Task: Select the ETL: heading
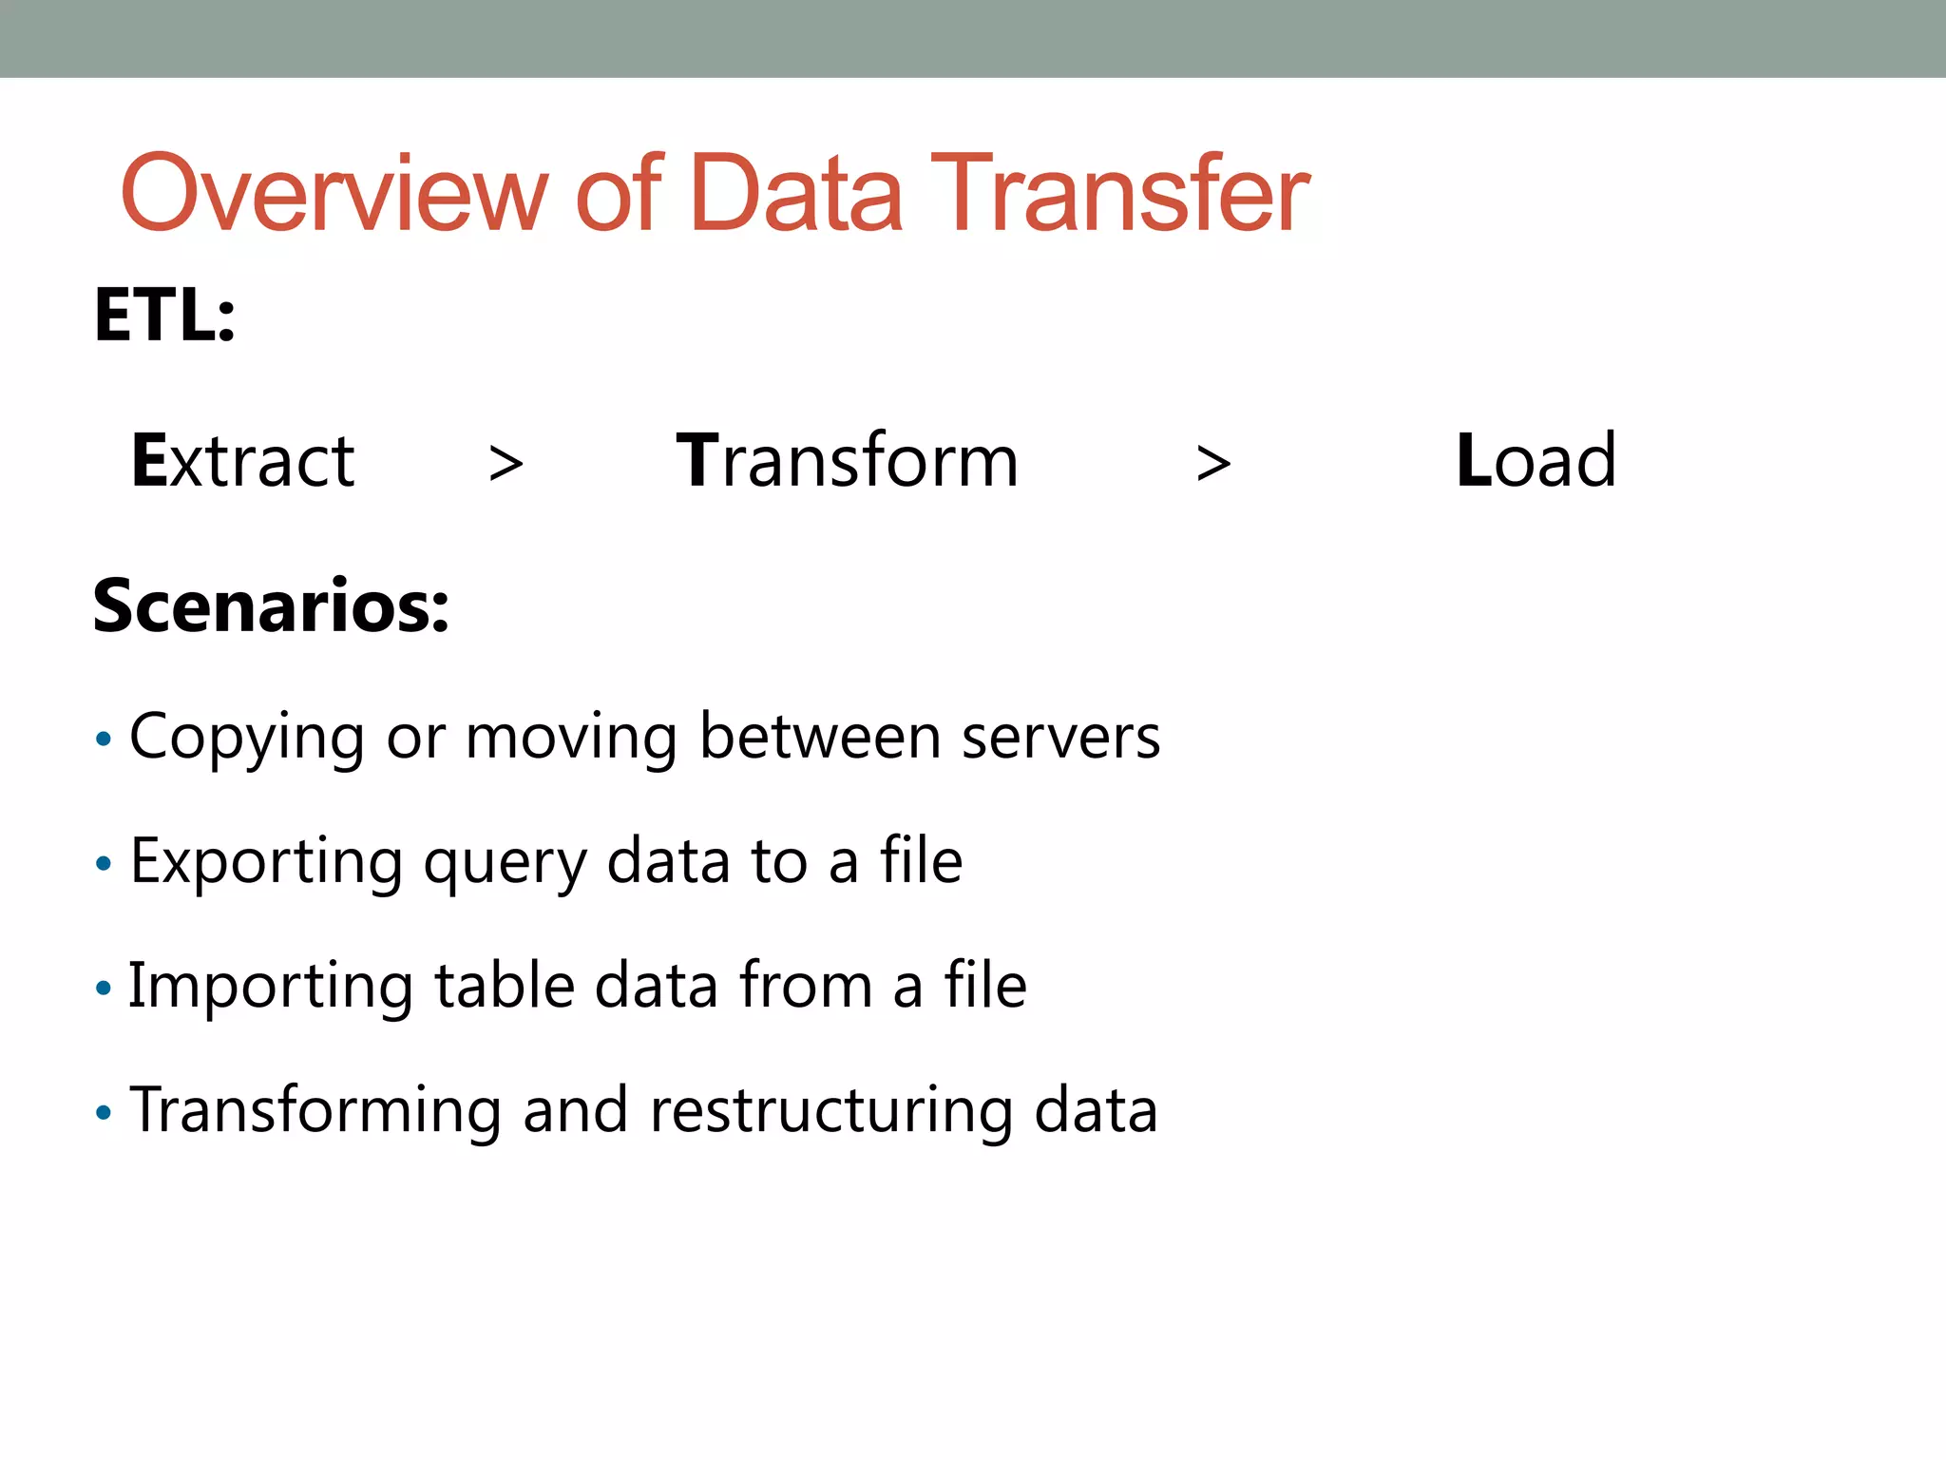[164, 316]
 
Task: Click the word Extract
[243, 461]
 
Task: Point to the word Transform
[847, 461]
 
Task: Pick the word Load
[1536, 461]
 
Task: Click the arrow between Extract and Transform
[506, 464]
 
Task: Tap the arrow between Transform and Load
[1213, 464]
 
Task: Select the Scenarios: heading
[271, 606]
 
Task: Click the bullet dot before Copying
[104, 739]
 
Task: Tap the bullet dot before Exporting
[104, 863]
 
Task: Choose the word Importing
[271, 987]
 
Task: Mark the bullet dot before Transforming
[104, 1112]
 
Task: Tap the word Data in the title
[795, 195]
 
